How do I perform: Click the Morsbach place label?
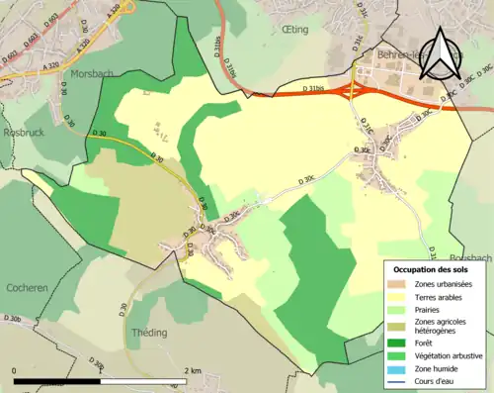92,73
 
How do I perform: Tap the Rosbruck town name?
21,131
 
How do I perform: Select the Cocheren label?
27,287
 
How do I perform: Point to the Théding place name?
151,334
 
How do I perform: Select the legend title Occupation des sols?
433,269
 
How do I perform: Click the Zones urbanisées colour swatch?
398,285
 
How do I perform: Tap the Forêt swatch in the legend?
398,343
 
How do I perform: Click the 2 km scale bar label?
193,370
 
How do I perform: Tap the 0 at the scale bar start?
15,370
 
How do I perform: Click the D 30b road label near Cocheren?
12,319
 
